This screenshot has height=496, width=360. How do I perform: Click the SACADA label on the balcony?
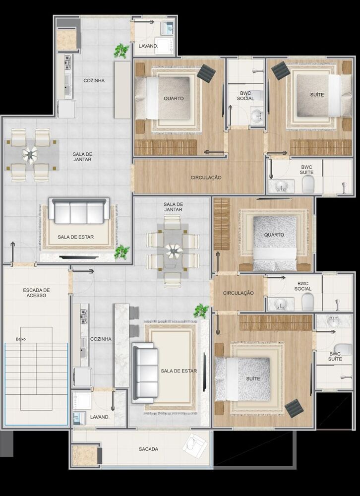pos(148,449)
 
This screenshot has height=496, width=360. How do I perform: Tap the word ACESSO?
pos(36,296)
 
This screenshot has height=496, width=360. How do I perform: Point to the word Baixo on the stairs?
pos(20,339)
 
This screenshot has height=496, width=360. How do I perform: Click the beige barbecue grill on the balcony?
pos(84,456)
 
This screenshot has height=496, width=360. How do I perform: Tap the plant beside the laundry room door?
pos(121,51)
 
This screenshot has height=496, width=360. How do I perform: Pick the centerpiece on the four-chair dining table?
pos(30,155)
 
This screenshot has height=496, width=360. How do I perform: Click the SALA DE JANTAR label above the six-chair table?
pos(173,207)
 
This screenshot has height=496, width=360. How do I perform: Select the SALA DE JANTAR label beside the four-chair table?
pos(82,157)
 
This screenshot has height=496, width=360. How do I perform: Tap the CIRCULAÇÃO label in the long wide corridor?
pos(206,178)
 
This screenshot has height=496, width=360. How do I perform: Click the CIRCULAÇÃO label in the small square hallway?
pos(238,293)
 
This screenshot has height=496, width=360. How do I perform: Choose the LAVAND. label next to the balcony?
pos(100,417)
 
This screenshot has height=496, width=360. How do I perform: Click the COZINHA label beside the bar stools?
pos(101,339)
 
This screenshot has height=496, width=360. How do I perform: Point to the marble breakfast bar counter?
pos(121,345)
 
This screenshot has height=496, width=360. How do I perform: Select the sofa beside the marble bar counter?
pos(145,373)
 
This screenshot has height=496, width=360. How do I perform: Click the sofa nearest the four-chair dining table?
pos(79,210)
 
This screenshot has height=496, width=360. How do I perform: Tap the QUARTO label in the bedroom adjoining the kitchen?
pos(174,98)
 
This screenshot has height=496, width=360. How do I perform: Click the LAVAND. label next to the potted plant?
pos(148,46)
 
